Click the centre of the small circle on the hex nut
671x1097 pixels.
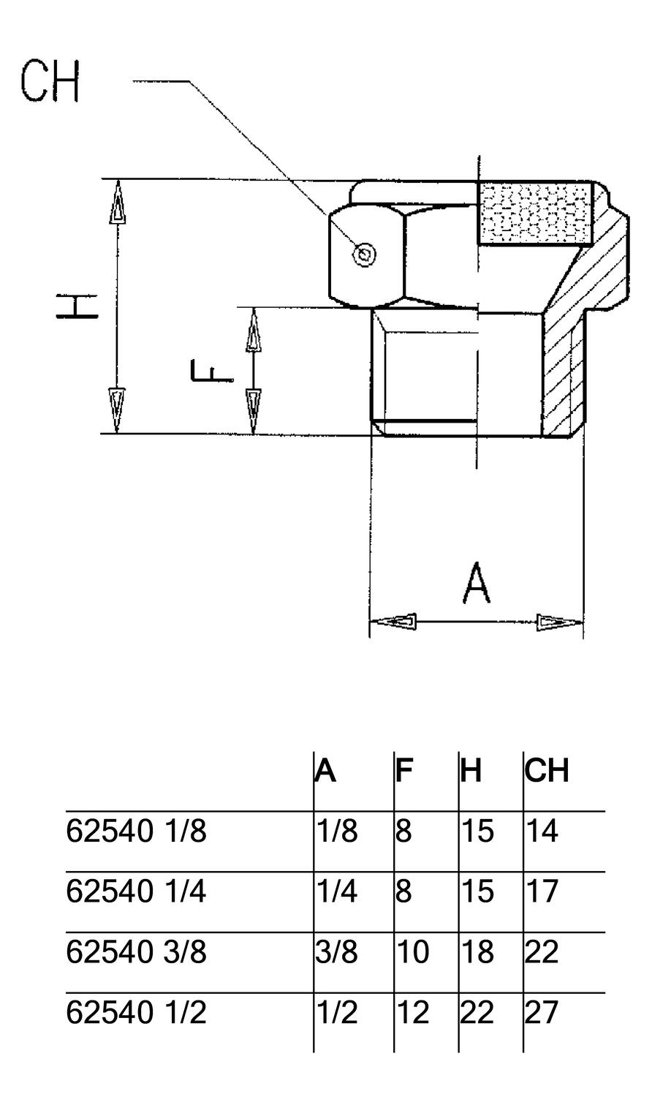click(365, 255)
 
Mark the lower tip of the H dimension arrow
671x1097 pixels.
click(118, 433)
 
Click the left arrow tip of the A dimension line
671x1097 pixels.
click(370, 621)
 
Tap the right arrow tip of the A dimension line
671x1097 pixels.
click(583, 622)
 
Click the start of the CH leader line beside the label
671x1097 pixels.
click(134, 80)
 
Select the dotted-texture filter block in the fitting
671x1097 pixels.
click(535, 214)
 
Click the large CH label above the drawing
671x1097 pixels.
click(50, 80)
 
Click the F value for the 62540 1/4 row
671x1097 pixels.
click(403, 891)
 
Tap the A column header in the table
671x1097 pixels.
click(325, 771)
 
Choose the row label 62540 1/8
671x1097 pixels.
click(136, 831)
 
